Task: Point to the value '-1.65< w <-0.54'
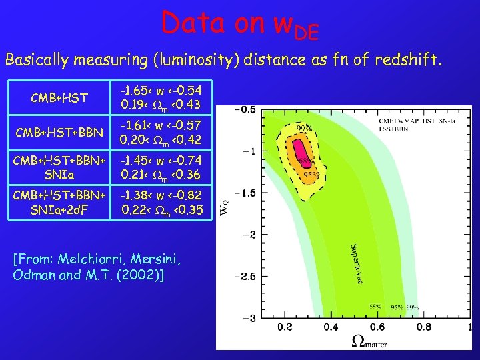[x=161, y=90]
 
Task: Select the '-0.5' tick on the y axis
[x=245, y=109]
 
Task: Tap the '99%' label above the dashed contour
[x=304, y=128]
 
